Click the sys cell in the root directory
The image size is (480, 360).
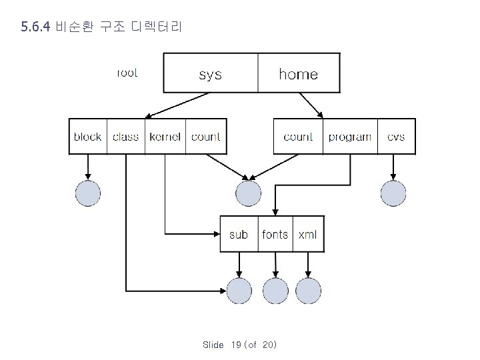tap(211, 73)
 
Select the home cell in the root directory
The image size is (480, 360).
tap(298, 73)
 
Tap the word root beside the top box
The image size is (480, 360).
tap(127, 73)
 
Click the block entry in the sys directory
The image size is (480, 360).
tap(87, 137)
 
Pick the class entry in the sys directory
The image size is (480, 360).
tap(125, 137)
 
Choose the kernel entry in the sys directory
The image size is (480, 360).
tap(165, 137)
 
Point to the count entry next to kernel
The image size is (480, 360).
tap(205, 137)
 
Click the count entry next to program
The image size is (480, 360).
tap(298, 137)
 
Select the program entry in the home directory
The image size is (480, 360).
tap(350, 137)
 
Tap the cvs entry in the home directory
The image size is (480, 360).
tap(396, 137)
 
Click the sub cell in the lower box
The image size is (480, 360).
tap(238, 234)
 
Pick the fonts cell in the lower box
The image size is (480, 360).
tap(275, 234)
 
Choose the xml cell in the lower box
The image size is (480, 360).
tap(308, 234)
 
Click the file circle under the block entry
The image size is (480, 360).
tap(87, 193)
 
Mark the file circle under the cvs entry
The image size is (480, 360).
tap(393, 193)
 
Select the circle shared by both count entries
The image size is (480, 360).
tap(248, 193)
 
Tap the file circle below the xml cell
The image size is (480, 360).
tap(308, 291)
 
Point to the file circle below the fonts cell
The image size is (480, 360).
tap(275, 291)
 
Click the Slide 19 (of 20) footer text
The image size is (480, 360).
tap(239, 345)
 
